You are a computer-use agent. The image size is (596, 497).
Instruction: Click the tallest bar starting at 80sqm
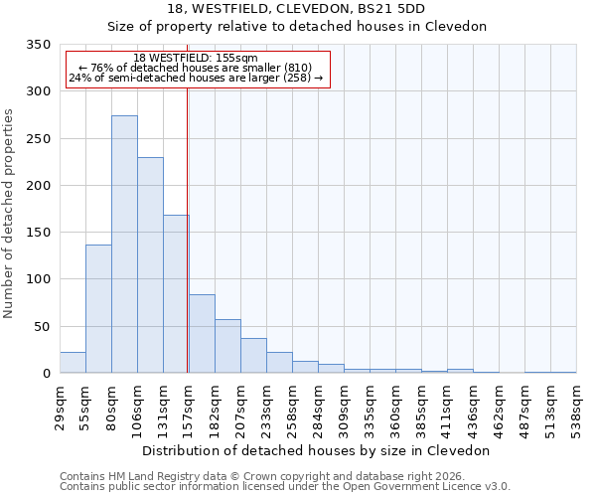(x=124, y=245)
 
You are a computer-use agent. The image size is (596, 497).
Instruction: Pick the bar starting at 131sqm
(x=176, y=294)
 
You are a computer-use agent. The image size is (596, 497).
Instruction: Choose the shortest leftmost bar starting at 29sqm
(x=73, y=363)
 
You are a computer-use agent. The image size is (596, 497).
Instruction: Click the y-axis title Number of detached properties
(x=9, y=214)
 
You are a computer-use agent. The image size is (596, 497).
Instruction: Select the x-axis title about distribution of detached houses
(x=316, y=450)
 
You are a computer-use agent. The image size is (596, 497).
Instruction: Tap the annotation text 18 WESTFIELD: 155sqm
(x=196, y=59)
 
